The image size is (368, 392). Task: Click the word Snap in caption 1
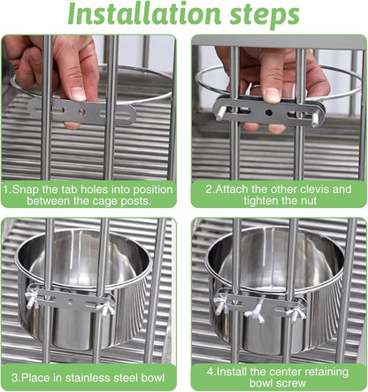click(x=26, y=188)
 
